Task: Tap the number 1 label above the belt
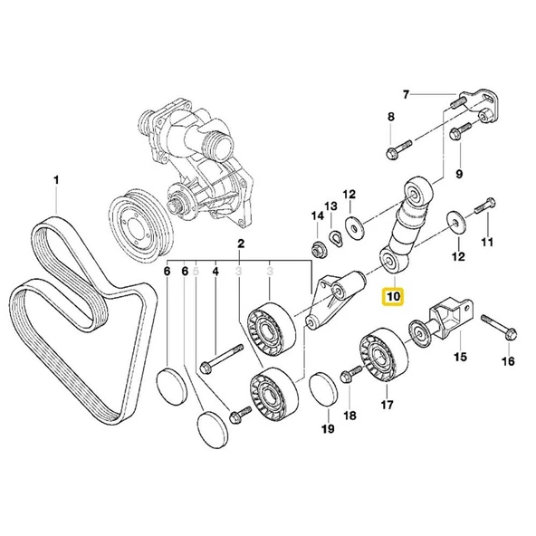click(x=56, y=181)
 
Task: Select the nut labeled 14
click(x=319, y=249)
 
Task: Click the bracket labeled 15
click(x=449, y=319)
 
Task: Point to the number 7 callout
click(x=407, y=94)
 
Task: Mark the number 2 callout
click(x=241, y=244)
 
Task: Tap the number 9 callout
click(x=459, y=173)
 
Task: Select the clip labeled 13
click(x=335, y=238)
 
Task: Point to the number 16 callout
click(x=507, y=361)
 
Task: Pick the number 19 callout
click(x=329, y=430)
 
